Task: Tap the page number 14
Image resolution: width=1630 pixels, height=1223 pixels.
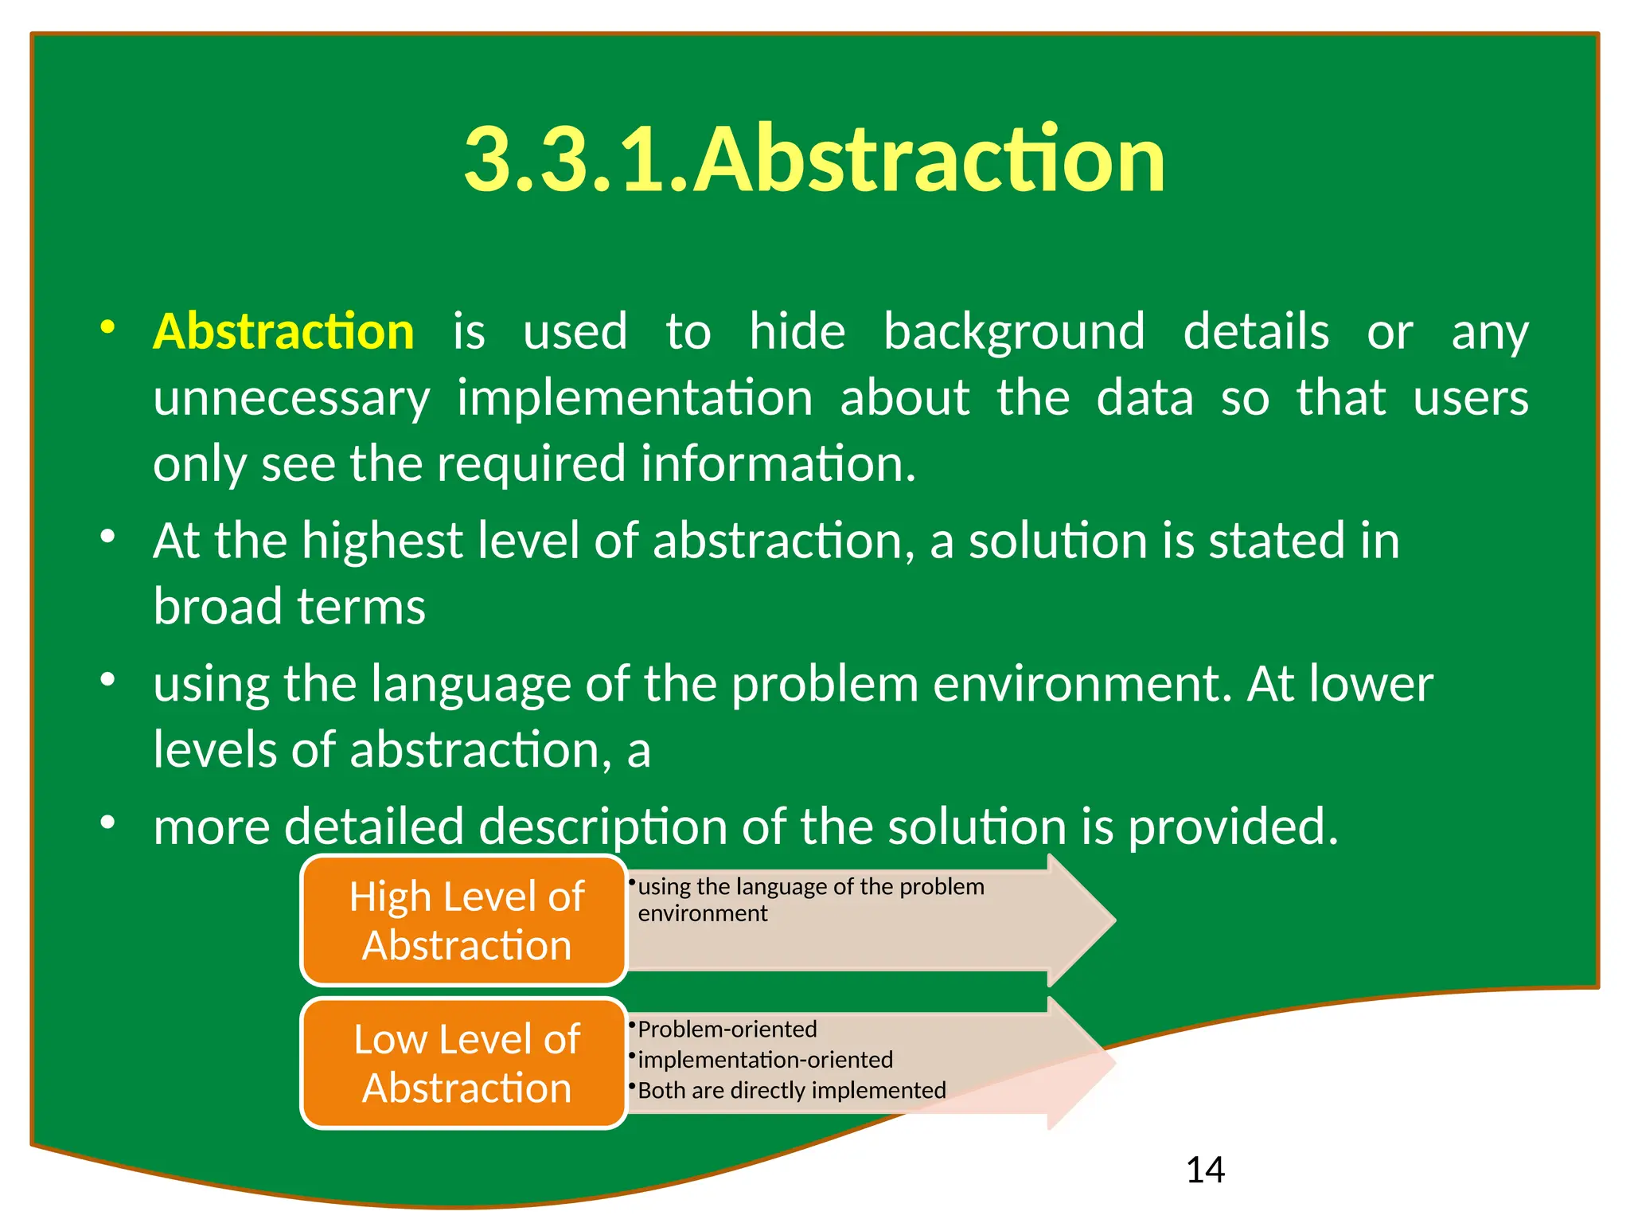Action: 1205,1170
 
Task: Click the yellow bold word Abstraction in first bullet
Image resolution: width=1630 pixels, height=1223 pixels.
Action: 283,331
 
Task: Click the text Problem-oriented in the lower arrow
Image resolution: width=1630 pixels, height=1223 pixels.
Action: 727,1030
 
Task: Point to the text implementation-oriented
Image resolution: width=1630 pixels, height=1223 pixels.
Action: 765,1060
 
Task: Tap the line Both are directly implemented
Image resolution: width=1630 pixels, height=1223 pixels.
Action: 791,1090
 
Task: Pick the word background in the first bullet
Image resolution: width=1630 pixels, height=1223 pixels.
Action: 1014,331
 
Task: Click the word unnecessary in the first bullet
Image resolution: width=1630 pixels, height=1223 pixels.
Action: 291,398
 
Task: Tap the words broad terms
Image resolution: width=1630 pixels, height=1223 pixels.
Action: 289,607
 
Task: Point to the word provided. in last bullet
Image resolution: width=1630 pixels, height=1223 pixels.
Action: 1233,826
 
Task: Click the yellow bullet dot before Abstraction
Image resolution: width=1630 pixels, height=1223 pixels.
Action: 107,327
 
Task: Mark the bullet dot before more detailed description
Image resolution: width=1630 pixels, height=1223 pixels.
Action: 107,822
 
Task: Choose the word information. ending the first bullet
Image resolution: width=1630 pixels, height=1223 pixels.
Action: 778,464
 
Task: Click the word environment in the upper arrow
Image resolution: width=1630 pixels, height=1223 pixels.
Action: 702,913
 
